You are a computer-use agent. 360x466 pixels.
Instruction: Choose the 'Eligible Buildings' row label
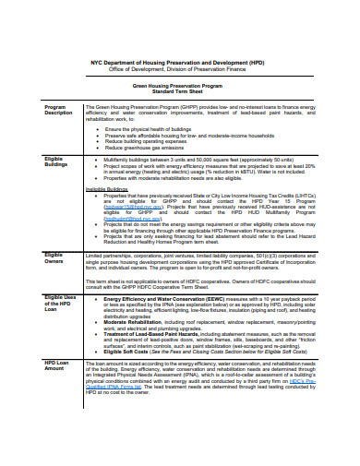click(58, 162)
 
